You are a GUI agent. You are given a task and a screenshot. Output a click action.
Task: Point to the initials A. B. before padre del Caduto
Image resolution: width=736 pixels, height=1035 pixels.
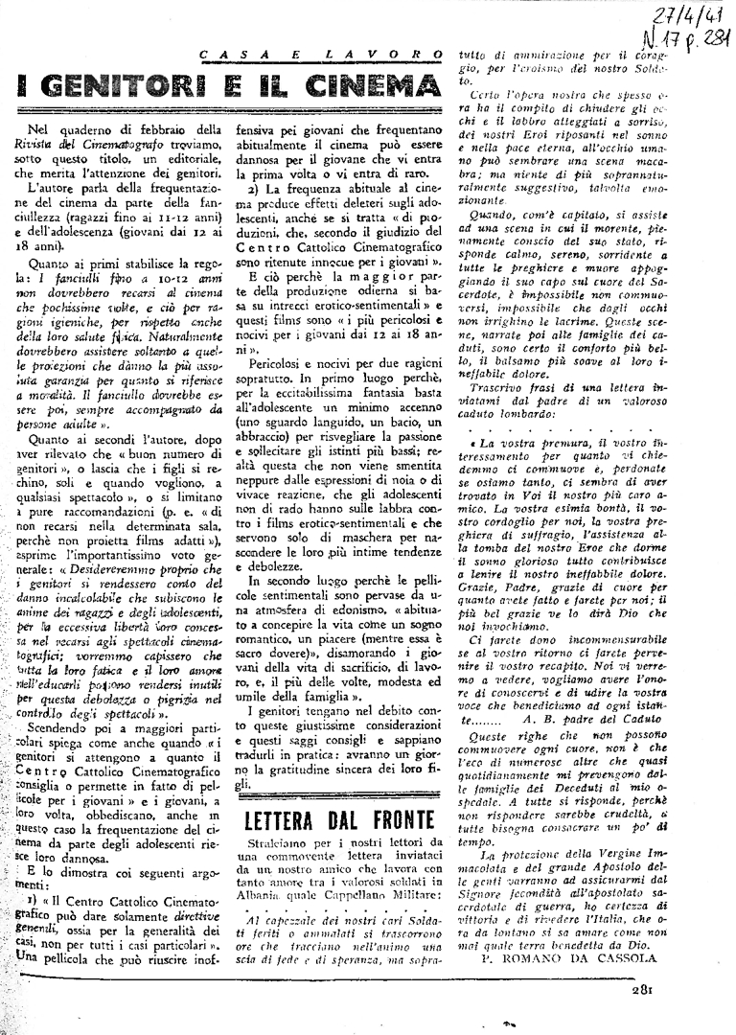point(554,745)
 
